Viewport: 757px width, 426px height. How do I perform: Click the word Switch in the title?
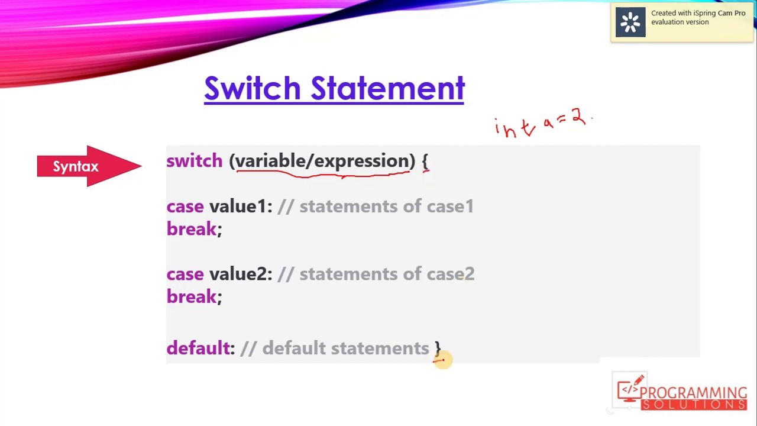click(253, 88)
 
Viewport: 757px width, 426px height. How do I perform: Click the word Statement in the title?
click(388, 88)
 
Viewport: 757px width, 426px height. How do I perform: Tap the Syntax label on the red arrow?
click(76, 167)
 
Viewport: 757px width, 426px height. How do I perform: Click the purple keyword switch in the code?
click(194, 161)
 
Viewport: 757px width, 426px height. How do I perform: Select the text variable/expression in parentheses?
click(322, 161)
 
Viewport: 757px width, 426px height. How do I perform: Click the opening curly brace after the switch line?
click(425, 162)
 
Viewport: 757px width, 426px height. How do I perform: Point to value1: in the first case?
click(241, 206)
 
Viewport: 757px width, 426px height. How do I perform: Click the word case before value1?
click(185, 206)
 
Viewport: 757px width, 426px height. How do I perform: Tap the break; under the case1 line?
click(194, 230)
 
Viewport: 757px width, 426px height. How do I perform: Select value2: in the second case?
click(241, 274)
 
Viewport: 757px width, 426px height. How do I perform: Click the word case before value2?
click(185, 274)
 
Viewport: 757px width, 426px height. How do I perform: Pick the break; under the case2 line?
click(194, 297)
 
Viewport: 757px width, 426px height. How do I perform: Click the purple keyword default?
click(200, 348)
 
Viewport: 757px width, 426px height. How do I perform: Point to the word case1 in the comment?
click(450, 206)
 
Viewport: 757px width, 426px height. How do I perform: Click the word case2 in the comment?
click(451, 274)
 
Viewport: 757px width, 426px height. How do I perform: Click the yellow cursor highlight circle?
click(442, 359)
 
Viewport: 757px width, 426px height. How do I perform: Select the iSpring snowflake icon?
click(630, 22)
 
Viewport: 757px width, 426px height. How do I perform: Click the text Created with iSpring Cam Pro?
click(698, 13)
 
